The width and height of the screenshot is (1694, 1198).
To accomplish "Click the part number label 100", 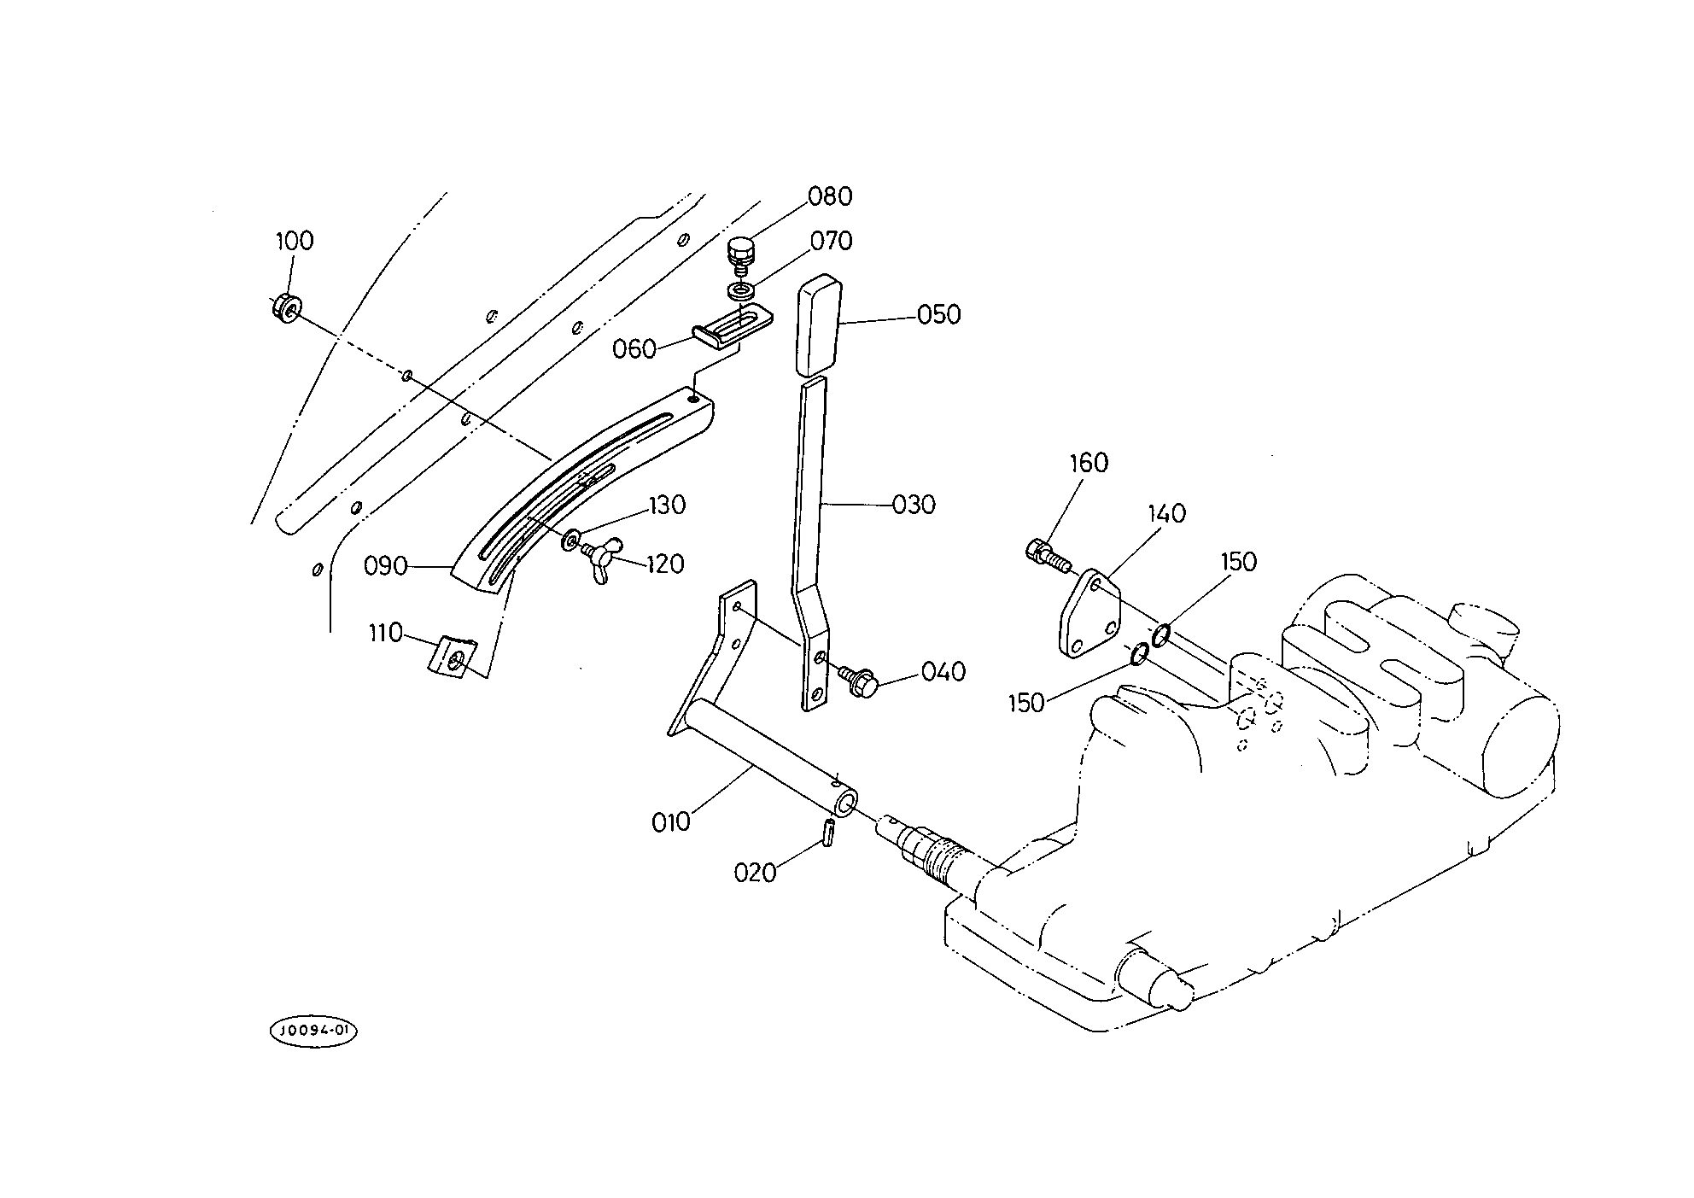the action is (x=295, y=241).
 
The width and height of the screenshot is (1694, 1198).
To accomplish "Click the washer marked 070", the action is (x=740, y=291).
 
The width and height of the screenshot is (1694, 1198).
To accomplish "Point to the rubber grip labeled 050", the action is (x=819, y=325).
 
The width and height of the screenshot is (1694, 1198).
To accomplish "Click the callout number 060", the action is (x=634, y=349).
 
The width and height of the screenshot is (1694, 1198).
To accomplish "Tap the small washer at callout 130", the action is (x=570, y=540).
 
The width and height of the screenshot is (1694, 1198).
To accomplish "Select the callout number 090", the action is (x=385, y=566).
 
